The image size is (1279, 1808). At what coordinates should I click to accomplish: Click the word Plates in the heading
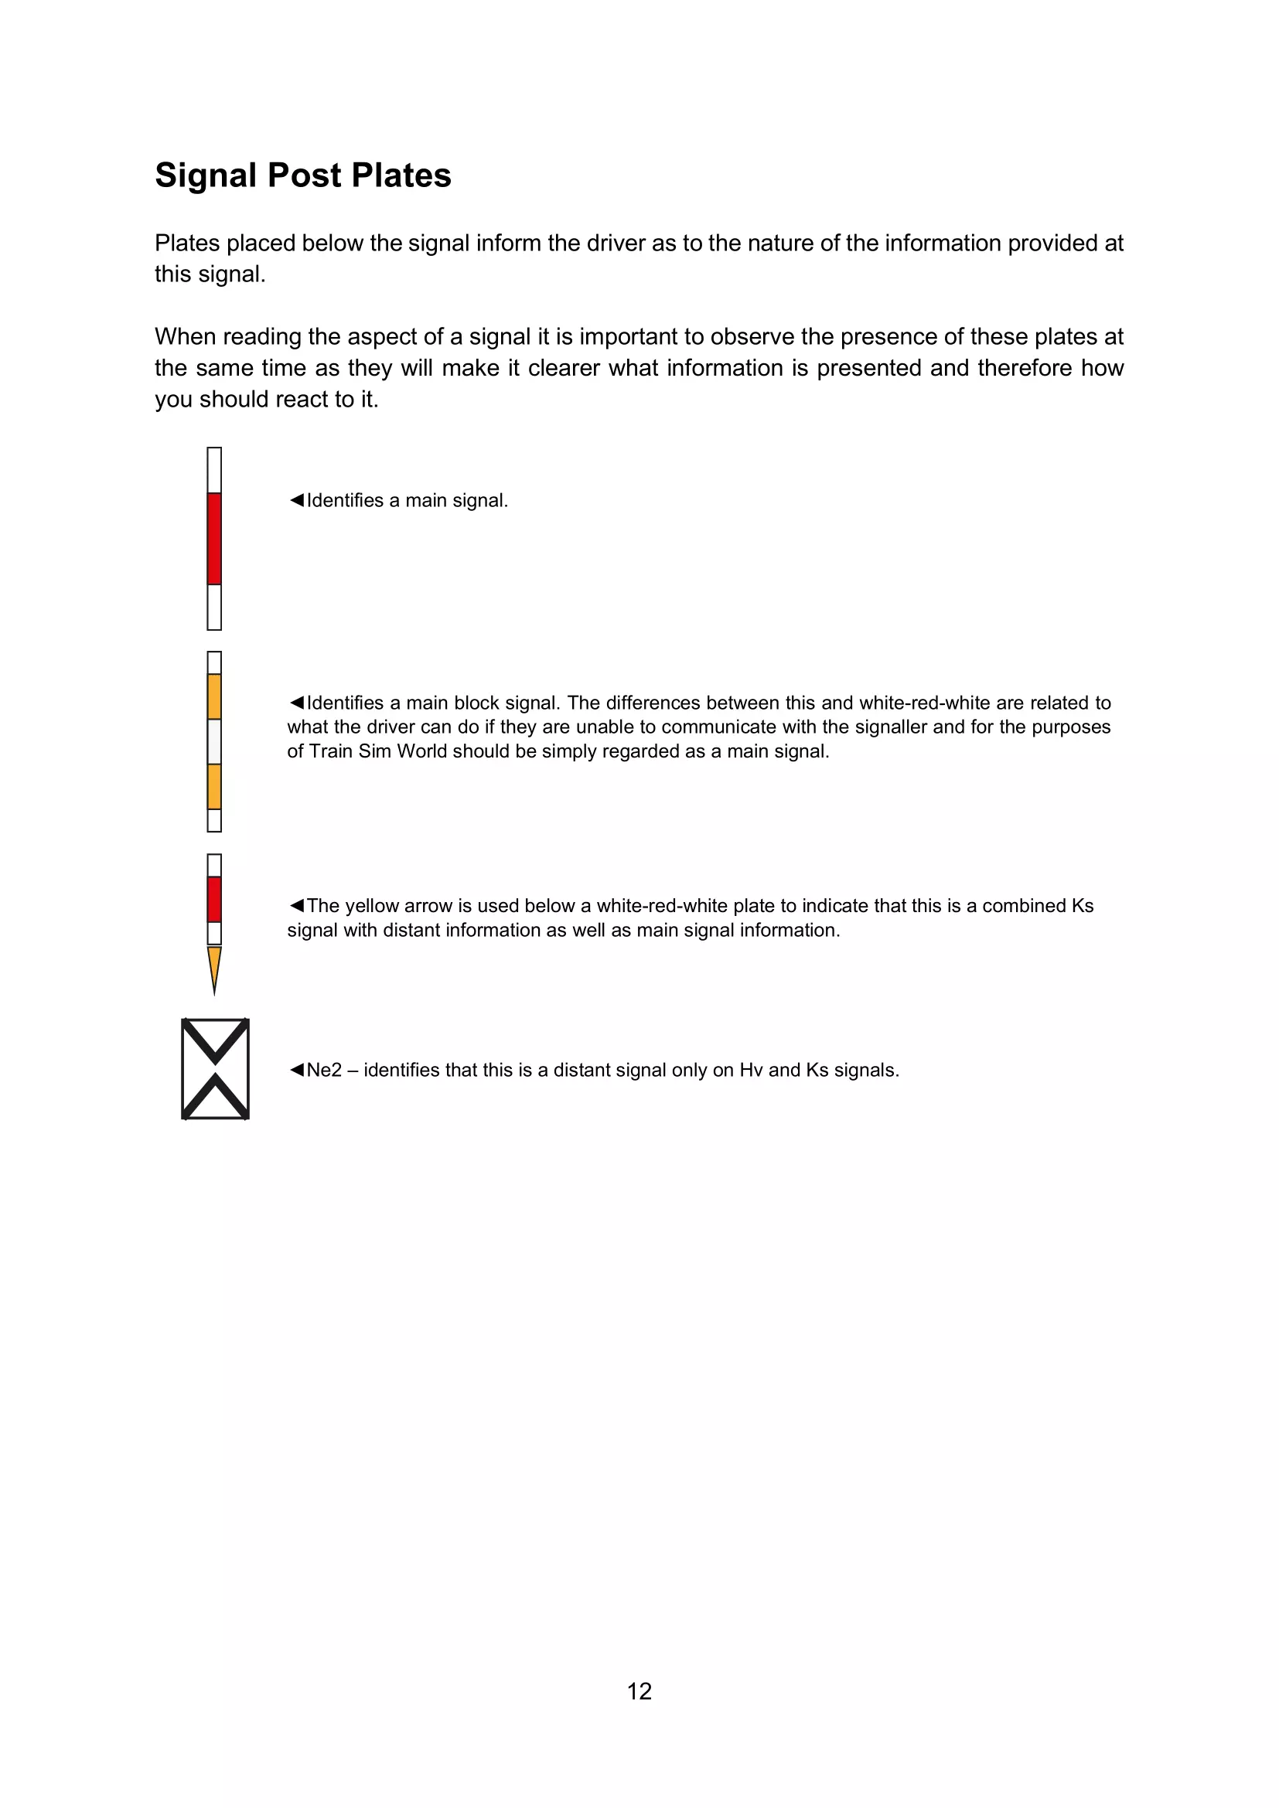[x=401, y=175]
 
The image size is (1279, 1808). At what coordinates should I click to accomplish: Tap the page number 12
[x=639, y=1691]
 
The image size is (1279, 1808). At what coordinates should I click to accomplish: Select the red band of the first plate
[x=214, y=539]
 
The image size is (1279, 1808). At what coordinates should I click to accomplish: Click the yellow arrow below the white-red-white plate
[x=214, y=968]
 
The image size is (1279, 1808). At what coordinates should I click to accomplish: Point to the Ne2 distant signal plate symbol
[x=215, y=1068]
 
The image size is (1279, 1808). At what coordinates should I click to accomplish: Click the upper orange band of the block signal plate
[x=214, y=696]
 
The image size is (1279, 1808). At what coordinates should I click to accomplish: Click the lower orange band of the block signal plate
[x=214, y=786]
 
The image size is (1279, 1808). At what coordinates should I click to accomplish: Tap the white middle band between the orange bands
[x=214, y=741]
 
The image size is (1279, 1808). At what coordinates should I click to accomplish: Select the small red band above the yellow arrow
[x=214, y=898]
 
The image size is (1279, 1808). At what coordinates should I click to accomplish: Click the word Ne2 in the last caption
[x=324, y=1070]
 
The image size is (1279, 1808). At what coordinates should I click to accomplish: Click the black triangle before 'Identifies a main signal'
[x=296, y=500]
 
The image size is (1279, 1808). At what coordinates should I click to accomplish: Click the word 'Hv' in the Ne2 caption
[x=751, y=1070]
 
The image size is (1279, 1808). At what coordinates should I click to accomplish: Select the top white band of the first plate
[x=214, y=470]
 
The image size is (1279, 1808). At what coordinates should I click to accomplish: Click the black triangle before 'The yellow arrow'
[x=296, y=906]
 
